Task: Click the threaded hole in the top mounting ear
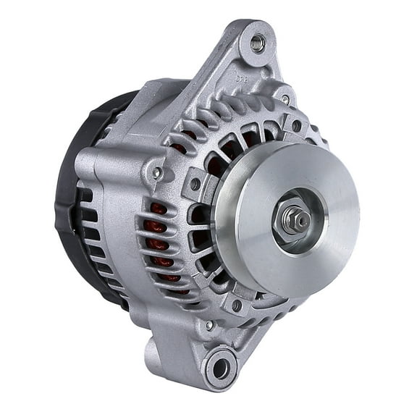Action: tap(258, 43)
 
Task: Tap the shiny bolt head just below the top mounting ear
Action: tap(285, 99)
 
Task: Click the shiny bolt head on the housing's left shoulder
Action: tap(156, 173)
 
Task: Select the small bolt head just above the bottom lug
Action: tap(210, 326)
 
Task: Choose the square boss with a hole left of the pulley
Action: tap(195, 184)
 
